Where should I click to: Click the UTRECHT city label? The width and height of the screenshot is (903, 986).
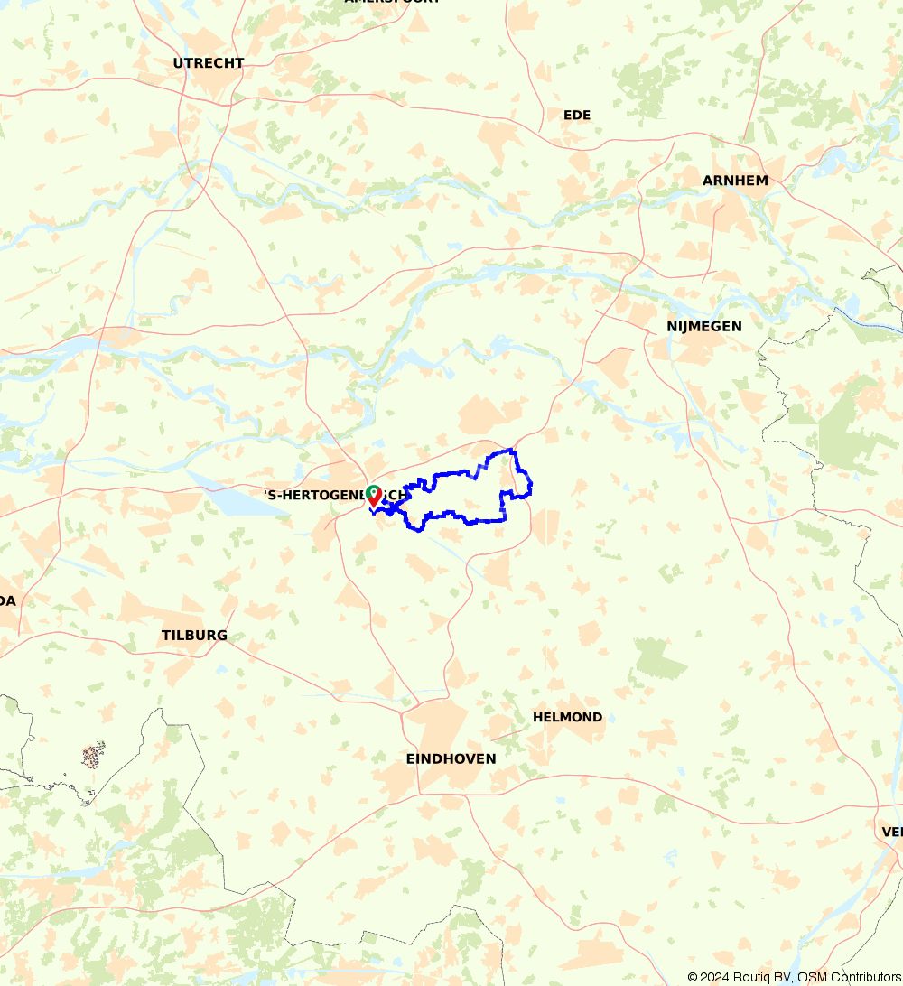point(209,63)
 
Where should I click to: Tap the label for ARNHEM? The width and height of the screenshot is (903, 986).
point(735,181)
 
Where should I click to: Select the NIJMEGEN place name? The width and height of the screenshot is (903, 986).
point(704,326)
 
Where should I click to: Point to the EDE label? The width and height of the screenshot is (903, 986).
point(576,115)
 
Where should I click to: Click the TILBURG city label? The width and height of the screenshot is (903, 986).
point(194,636)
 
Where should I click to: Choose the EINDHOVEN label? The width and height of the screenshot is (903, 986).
point(451,759)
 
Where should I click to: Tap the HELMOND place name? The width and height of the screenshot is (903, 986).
point(567,717)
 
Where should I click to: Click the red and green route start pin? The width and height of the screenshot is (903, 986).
point(373,496)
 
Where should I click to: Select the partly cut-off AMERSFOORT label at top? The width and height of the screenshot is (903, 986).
point(392,2)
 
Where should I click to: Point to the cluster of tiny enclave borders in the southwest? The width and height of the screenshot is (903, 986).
point(93,754)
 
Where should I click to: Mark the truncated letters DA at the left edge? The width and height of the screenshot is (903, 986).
point(7,601)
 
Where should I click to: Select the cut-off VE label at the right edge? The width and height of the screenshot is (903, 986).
point(892,832)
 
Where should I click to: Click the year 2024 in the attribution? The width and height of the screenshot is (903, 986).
point(715,977)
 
